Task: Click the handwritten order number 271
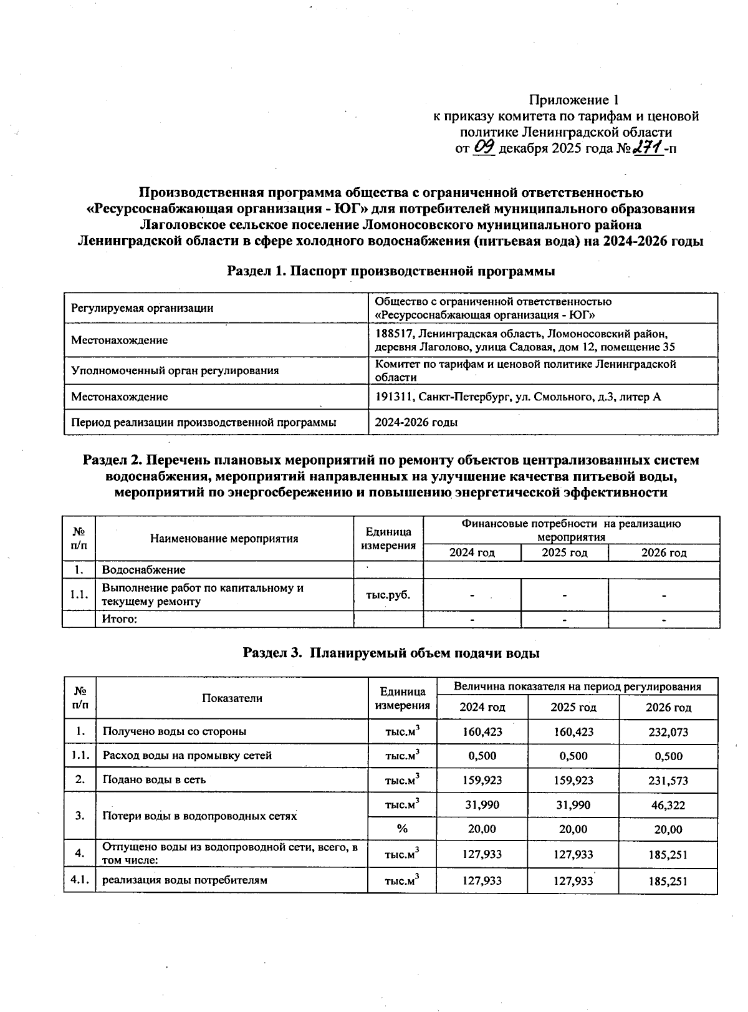646,148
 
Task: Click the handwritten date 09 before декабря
484,148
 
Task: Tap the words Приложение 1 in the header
573,100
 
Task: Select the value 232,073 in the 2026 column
668,732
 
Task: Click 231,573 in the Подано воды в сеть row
668,781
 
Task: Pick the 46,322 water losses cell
668,805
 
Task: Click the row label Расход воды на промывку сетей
187,756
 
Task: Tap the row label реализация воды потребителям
185,880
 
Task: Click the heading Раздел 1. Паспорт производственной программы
391,271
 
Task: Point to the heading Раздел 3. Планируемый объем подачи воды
391,653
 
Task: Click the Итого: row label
119,619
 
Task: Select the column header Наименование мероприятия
224,539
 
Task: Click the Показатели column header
232,698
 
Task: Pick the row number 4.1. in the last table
79,880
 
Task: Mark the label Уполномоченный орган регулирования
175,370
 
